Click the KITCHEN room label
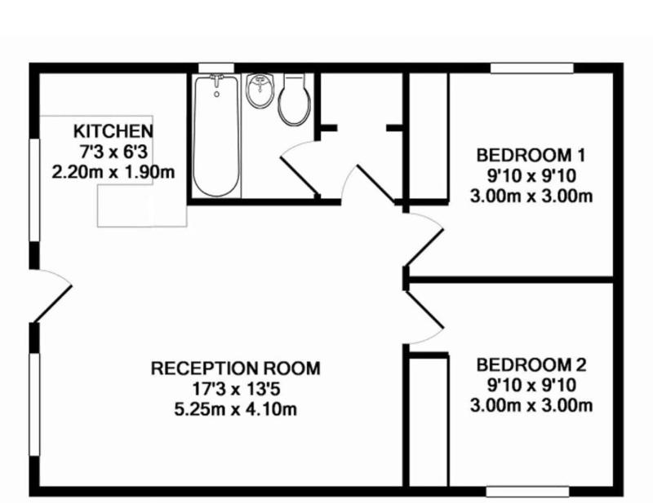point(113,131)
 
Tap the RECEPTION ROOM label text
point(235,368)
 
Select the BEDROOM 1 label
point(531,155)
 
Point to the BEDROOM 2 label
point(531,365)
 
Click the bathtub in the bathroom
point(216,135)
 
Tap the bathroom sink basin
point(260,90)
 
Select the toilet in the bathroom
point(295,99)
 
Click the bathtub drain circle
point(216,95)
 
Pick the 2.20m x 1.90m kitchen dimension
point(113,172)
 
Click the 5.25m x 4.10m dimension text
point(235,409)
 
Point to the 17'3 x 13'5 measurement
point(235,389)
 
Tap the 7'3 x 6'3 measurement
point(113,152)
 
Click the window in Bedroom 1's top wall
point(532,68)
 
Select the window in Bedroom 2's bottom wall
point(527,492)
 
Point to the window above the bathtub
point(216,68)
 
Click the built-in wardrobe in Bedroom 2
point(429,421)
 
